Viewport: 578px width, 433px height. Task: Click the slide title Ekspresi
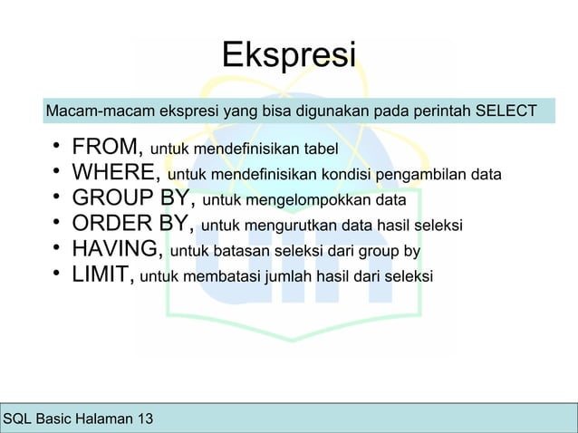click(x=288, y=53)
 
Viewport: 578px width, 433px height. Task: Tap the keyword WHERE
click(x=116, y=172)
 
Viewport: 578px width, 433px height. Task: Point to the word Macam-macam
click(x=89, y=111)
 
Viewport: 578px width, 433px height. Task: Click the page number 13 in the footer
click(x=144, y=419)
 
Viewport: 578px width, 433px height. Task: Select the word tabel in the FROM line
click(x=320, y=149)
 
